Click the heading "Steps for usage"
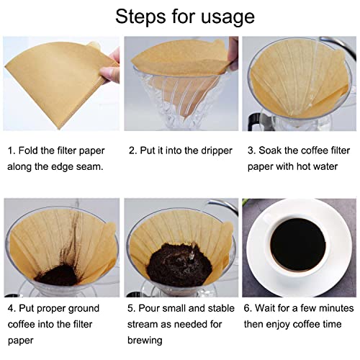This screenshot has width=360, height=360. [179, 17]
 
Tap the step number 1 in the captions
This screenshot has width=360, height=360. [10, 151]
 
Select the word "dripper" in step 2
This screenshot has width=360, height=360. [212, 151]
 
